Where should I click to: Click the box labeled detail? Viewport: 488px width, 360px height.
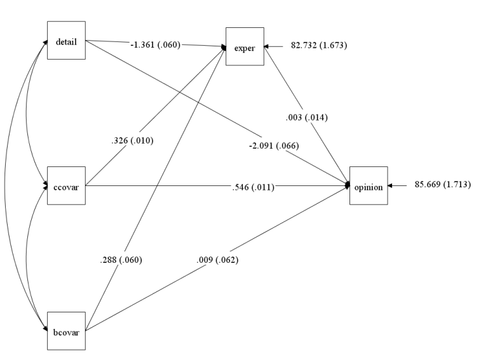pyautogui.click(x=67, y=41)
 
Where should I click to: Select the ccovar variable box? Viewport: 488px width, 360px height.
pyautogui.click(x=67, y=187)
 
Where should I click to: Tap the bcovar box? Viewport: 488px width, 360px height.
pyautogui.click(x=67, y=330)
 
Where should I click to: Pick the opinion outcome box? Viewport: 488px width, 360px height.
pyautogui.click(x=368, y=186)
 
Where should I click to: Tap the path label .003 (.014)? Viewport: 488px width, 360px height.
pyautogui.click(x=307, y=117)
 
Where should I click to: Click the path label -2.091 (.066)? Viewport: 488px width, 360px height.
pyautogui.click(x=274, y=146)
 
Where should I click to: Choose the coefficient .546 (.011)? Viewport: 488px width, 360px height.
pyautogui.click(x=252, y=187)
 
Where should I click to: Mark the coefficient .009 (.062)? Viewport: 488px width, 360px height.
pyautogui.click(x=217, y=260)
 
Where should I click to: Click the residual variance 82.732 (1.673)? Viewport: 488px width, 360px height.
pyautogui.click(x=318, y=46)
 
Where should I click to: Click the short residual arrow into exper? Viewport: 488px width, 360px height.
pyautogui.click(x=274, y=46)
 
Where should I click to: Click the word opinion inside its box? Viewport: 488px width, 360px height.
pyautogui.click(x=368, y=186)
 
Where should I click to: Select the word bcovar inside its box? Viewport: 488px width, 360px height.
pyautogui.click(x=67, y=330)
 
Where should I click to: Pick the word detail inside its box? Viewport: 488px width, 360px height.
pyautogui.click(x=67, y=41)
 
